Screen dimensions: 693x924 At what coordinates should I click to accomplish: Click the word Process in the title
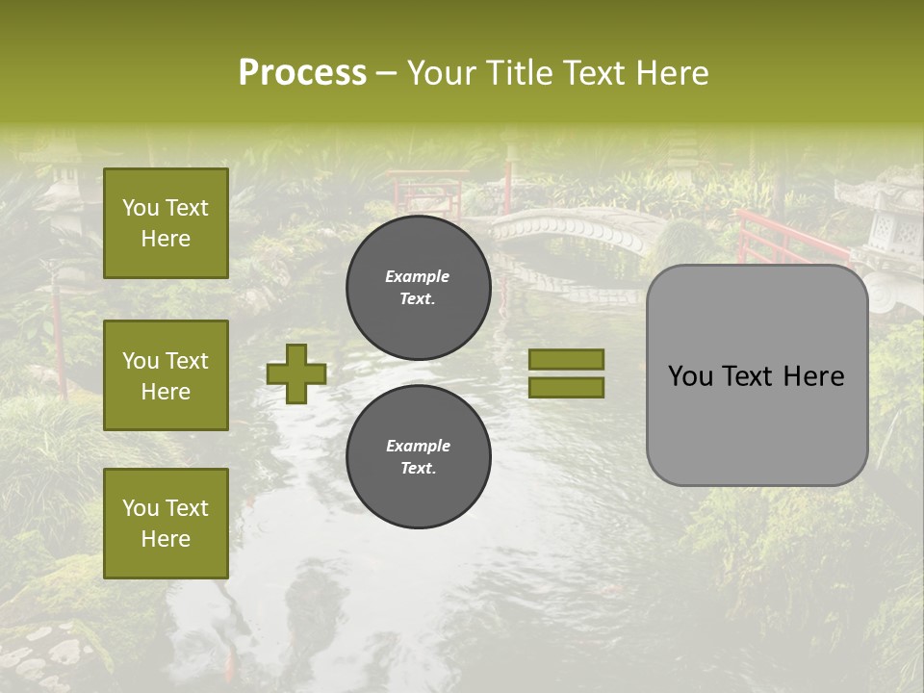(302, 72)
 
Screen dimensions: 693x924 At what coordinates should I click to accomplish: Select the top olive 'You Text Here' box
(166, 223)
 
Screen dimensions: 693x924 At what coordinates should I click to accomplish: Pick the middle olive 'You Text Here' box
(166, 375)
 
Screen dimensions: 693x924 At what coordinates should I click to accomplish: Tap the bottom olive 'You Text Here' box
(166, 524)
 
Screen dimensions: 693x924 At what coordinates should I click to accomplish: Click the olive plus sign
(296, 373)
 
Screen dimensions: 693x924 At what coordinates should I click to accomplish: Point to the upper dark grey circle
(419, 288)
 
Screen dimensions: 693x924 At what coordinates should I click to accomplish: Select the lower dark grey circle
(419, 457)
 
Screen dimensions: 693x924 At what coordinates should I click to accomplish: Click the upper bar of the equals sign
(566, 359)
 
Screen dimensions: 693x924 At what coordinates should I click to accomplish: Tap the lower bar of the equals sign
(566, 388)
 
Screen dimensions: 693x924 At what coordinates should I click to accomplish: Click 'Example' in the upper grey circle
(417, 276)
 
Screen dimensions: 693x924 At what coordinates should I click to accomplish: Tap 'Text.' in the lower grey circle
(418, 468)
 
